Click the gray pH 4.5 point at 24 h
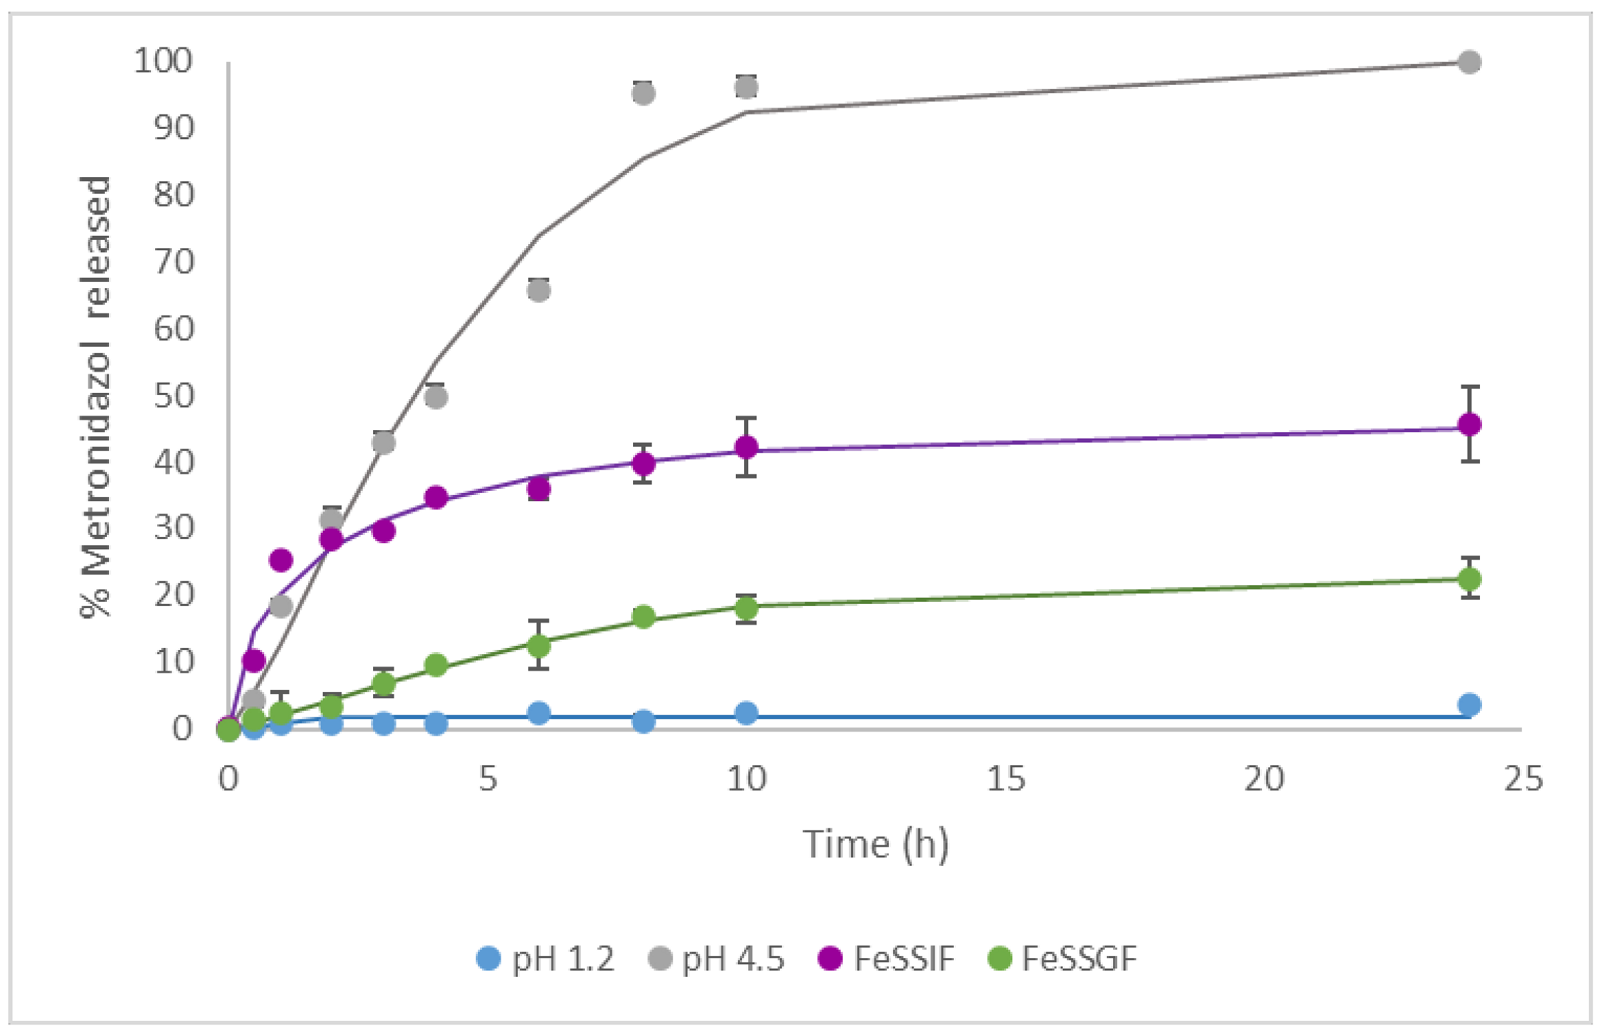click(x=1470, y=62)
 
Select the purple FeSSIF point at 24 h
click(x=1470, y=425)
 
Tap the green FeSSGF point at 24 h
click(x=1470, y=578)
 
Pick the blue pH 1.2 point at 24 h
click(x=1470, y=704)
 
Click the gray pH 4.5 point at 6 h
click(x=539, y=291)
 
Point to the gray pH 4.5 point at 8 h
click(x=643, y=94)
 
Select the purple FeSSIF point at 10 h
click(x=746, y=447)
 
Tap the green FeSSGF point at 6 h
click(x=539, y=646)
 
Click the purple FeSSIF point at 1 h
click(x=281, y=560)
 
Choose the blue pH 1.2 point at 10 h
click(x=746, y=713)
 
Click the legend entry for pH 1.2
click(x=545, y=959)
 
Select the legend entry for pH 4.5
click(x=717, y=959)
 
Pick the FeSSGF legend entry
click(x=1062, y=959)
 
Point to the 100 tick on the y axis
click(x=163, y=61)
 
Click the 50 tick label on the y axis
click(x=174, y=396)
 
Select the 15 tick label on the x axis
click(x=1005, y=779)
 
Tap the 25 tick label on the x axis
click(x=1523, y=779)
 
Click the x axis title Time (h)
click(x=876, y=844)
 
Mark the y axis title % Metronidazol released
click(x=95, y=396)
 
